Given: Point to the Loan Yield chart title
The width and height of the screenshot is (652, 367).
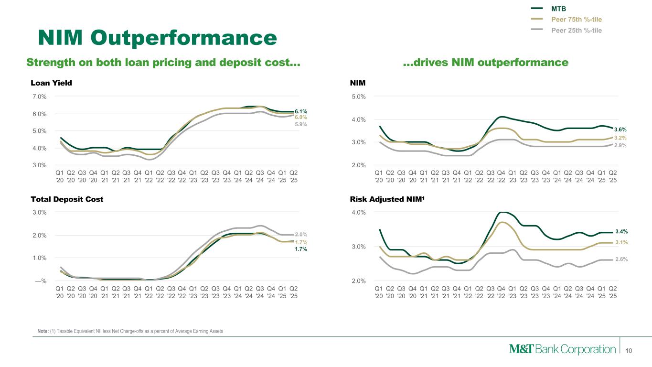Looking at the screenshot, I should [x=51, y=83].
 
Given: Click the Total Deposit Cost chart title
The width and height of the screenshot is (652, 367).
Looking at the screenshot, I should [x=67, y=199].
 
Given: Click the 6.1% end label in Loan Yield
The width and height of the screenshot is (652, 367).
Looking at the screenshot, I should [x=300, y=111].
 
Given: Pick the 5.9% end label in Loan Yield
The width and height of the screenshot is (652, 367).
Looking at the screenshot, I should [x=300, y=124].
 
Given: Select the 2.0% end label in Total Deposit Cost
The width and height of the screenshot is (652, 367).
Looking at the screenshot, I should [x=300, y=235].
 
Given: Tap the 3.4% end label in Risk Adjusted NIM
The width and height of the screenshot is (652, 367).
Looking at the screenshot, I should [x=621, y=232].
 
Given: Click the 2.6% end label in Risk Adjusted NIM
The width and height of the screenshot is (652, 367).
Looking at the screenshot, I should [x=621, y=259].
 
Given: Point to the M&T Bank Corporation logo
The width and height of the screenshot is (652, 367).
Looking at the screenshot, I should [x=562, y=349].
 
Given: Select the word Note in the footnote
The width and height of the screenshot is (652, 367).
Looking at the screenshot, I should [x=43, y=332].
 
